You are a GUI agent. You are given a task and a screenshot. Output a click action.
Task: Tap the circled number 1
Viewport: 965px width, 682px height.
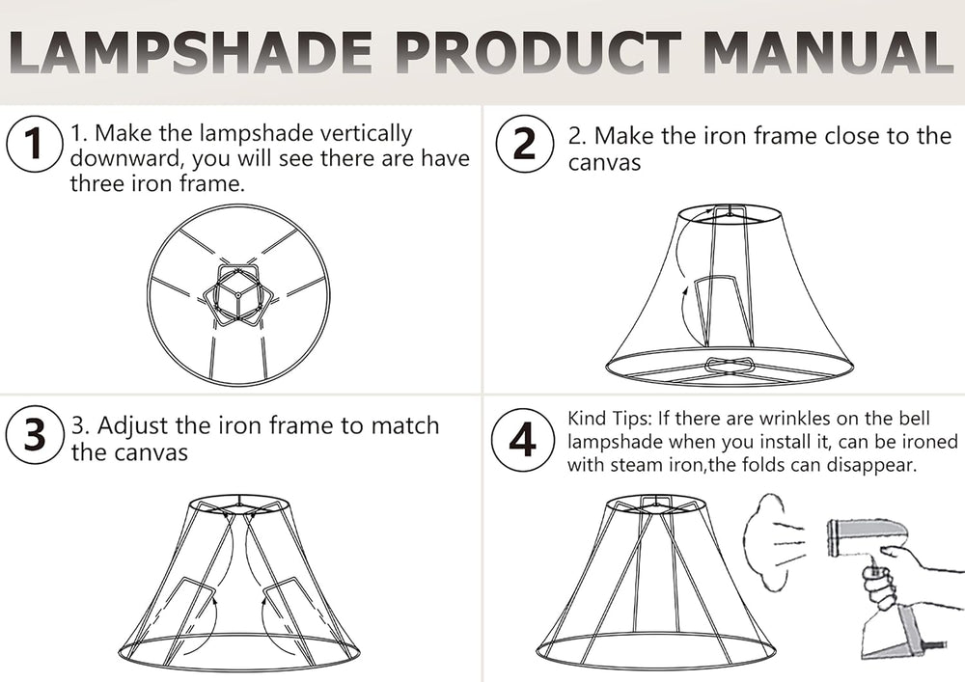[34, 144]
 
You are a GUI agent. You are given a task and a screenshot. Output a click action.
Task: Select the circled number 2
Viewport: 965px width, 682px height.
[524, 144]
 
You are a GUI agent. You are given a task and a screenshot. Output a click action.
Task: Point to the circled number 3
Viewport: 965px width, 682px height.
[34, 434]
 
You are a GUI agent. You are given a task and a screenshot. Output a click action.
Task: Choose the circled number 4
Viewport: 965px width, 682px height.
[522, 440]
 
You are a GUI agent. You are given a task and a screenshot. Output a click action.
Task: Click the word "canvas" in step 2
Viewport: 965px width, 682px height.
[604, 164]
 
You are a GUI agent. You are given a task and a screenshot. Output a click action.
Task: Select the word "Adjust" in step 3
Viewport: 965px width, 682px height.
[133, 426]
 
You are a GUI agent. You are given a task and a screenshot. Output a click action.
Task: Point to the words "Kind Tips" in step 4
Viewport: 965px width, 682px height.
[608, 420]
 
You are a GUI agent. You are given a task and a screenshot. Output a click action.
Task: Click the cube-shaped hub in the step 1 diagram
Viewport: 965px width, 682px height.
[237, 294]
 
